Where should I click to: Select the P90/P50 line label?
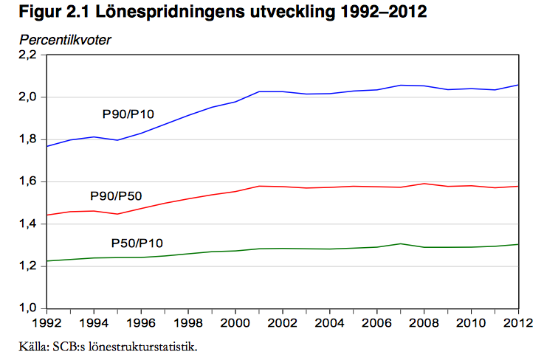(116, 195)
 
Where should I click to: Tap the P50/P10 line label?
(137, 243)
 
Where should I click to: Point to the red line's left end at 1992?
(47, 215)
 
